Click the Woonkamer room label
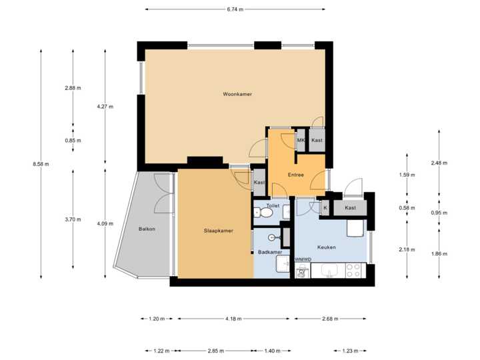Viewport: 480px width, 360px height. pos(237,95)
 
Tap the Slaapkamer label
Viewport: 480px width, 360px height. pos(218,231)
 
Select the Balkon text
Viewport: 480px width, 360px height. pos(147,229)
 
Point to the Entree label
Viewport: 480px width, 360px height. pos(296,175)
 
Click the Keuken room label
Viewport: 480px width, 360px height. pos(326,247)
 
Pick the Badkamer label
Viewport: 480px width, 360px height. pos(269,252)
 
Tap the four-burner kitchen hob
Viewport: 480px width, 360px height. pos(353,271)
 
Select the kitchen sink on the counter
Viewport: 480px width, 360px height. pos(329,271)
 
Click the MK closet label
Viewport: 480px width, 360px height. pos(301,141)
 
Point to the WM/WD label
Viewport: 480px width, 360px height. pos(303,259)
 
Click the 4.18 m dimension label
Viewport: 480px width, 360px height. pos(233,319)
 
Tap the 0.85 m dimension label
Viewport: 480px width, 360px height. pos(73,141)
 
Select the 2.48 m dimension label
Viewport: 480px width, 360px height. pos(439,163)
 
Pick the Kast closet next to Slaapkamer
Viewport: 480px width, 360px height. pos(259,183)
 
